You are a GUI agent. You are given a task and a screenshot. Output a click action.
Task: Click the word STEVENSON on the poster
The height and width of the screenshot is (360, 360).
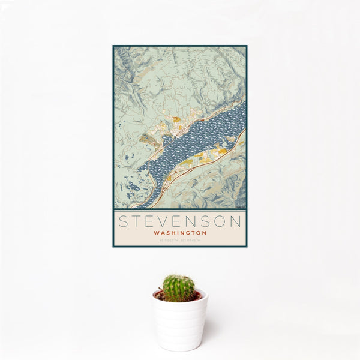[x=180, y=221]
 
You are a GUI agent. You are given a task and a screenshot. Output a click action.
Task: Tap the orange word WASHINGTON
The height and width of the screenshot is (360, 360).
[x=180, y=233]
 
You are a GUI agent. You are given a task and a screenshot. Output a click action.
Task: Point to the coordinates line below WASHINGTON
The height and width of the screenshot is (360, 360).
[x=180, y=241]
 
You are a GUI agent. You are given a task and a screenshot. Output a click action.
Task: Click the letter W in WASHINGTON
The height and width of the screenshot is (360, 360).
[x=156, y=233]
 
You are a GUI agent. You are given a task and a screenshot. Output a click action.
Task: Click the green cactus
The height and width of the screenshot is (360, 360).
[x=179, y=288]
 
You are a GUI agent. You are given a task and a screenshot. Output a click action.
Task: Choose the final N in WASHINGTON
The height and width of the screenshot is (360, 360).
[x=205, y=233]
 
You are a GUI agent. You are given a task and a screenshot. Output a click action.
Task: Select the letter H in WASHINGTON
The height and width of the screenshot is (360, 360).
[x=173, y=233]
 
